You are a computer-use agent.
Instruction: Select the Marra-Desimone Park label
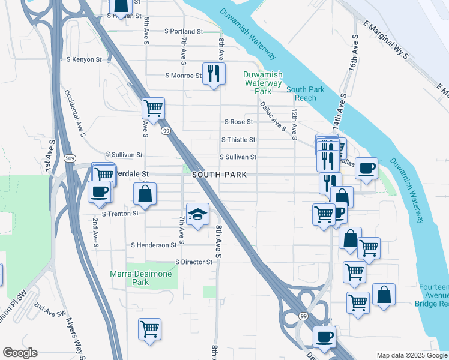pos(141,278)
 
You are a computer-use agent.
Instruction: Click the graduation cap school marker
pos(197,214)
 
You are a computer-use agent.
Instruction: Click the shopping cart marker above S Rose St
pos(154,108)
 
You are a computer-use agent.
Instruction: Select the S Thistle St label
pos(238,140)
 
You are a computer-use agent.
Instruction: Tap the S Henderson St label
pos(154,245)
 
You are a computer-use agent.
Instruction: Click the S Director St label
pos(194,262)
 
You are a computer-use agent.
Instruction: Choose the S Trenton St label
pos(120,213)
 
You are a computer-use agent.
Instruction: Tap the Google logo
pos(20,353)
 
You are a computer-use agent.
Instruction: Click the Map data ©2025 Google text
pos(411,355)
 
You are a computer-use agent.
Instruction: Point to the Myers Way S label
pos(74,338)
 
